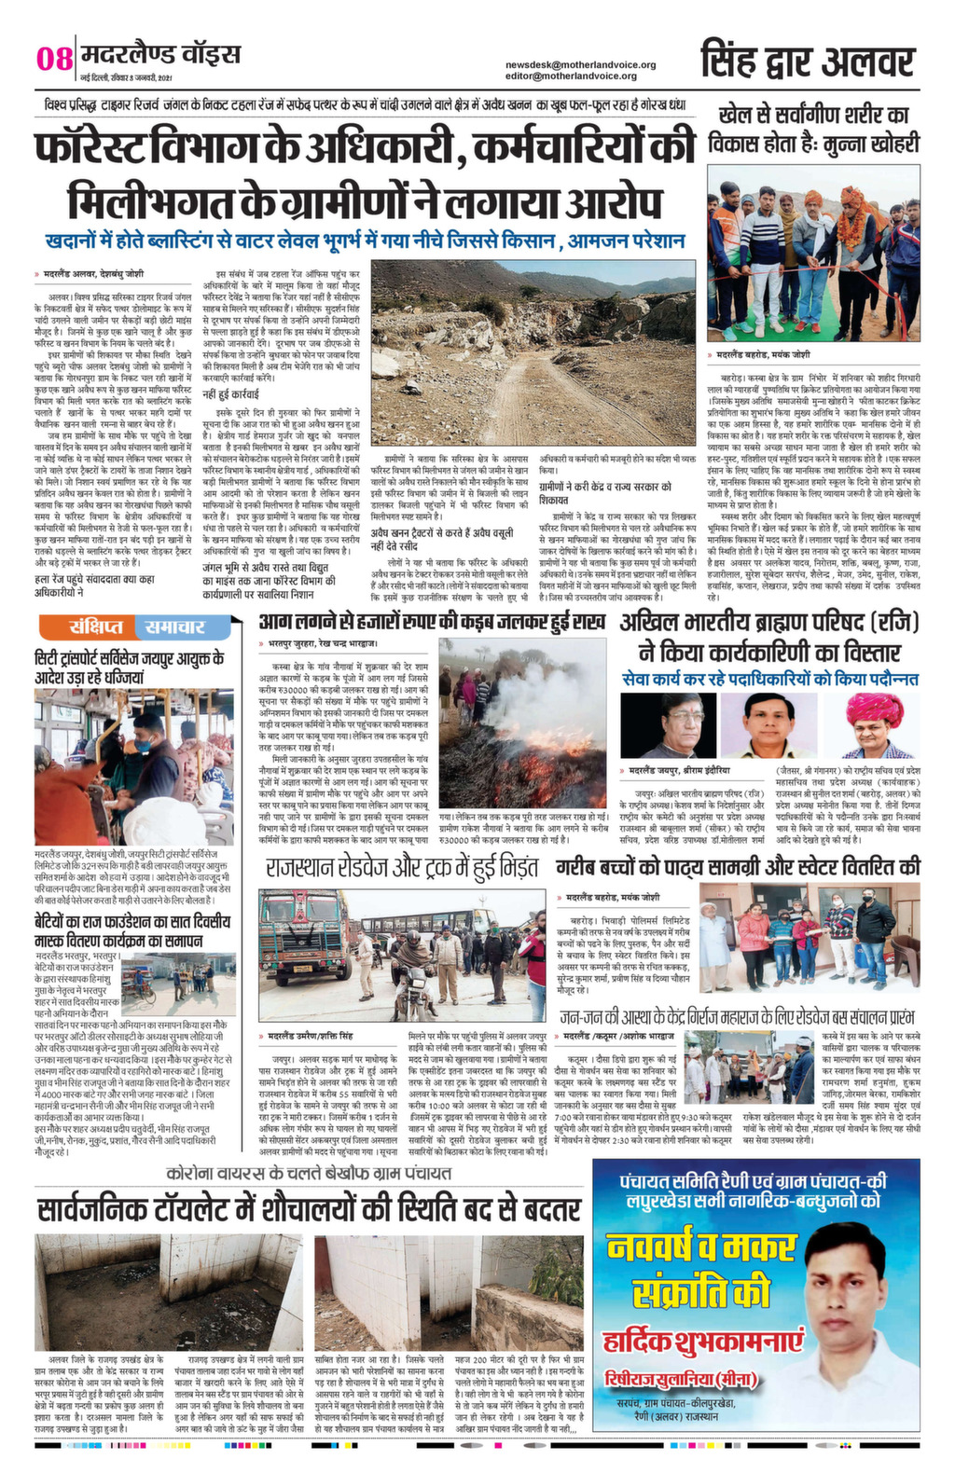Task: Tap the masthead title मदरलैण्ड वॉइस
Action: coord(160,54)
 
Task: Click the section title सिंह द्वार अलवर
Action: coord(808,61)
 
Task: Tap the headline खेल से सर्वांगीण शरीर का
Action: coord(814,117)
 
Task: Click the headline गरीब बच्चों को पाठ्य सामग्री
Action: coord(738,866)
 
